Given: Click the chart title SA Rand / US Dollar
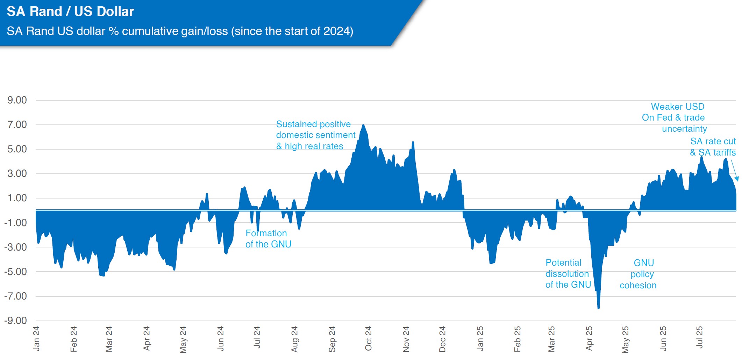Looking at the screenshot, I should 70,12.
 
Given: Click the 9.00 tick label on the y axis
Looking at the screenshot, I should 17,100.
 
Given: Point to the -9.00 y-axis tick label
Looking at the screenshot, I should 16,321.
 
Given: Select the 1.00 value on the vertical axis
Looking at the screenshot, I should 17,198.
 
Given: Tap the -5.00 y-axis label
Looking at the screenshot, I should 16,272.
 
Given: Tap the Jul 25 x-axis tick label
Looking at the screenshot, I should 699,337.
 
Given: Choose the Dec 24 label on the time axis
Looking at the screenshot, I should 442,339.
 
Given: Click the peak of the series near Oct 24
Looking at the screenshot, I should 363,125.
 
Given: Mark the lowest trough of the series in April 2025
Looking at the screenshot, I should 599,308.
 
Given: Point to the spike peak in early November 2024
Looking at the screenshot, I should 413,142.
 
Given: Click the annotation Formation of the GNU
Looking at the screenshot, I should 268,239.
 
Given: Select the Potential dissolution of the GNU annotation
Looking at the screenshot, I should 568,274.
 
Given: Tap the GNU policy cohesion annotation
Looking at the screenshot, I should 638,274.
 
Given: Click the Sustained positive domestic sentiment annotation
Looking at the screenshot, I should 315,135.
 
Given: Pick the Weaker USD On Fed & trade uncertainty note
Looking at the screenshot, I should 675,117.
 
